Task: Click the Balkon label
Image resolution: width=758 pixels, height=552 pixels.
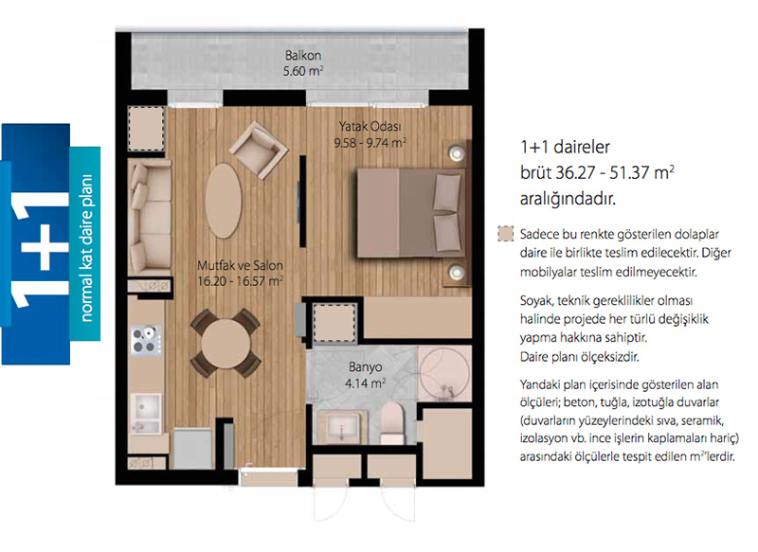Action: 303,56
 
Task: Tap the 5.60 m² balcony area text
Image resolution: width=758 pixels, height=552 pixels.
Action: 303,71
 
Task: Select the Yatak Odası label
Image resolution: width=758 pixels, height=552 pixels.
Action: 370,127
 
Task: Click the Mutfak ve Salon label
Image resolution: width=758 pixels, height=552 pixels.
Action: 240,265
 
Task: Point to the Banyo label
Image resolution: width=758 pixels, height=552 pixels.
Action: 366,367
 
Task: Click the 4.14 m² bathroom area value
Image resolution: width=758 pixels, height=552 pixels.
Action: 366,383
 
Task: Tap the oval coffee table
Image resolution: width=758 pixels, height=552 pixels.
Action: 223,201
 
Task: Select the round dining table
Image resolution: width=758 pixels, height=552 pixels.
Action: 226,344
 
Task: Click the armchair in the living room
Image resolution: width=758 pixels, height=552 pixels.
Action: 258,150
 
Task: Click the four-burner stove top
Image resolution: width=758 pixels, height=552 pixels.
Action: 146,340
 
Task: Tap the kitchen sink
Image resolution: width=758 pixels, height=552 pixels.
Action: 147,414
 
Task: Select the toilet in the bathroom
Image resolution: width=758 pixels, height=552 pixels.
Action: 392,423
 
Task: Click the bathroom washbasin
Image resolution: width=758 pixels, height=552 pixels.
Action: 341,427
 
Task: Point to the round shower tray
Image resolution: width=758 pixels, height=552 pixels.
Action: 443,373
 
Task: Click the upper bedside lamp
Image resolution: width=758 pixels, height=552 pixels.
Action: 456,153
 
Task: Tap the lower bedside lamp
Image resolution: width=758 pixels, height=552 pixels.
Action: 456,272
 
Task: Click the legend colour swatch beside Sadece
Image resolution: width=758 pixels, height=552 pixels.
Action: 506,234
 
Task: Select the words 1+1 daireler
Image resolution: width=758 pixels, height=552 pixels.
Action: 565,147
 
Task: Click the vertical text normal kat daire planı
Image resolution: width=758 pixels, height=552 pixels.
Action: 85,248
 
